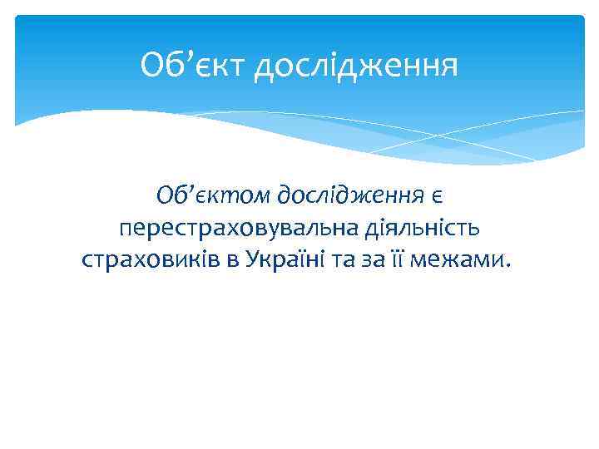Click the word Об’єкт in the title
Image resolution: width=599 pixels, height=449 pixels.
coord(193,63)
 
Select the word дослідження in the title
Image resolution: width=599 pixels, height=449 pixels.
coord(356,65)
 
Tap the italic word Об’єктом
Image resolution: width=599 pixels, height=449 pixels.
coord(211,196)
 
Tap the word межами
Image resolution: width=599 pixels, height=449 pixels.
coord(463,261)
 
